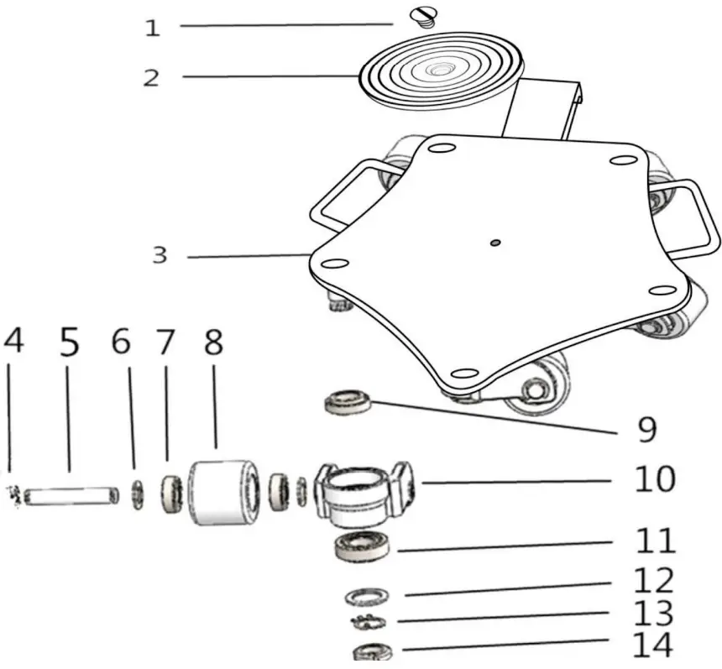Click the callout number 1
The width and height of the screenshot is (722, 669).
point(152,28)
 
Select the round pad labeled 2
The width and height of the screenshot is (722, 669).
point(440,71)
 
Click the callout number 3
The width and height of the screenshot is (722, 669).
point(160,255)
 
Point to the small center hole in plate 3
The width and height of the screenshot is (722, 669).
point(495,243)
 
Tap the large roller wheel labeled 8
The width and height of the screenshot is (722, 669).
point(222,492)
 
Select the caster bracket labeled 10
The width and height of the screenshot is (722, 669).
point(362,492)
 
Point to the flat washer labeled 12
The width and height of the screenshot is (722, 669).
point(367,596)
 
